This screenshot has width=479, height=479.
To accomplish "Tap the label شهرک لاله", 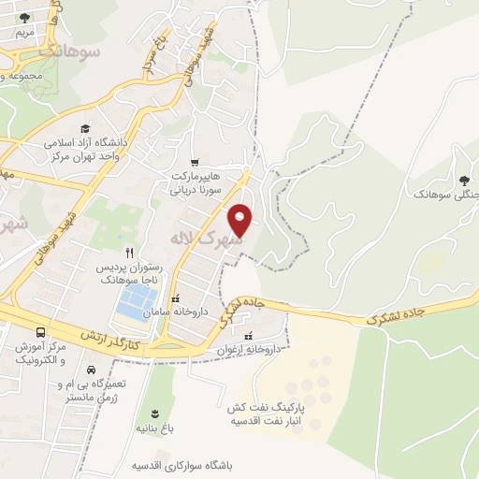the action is [x=205, y=239].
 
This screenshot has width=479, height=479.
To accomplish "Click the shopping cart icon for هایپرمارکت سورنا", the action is [x=195, y=161].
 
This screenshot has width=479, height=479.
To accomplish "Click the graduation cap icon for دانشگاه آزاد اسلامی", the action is [x=86, y=128].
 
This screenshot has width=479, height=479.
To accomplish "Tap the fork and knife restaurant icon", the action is [x=130, y=253].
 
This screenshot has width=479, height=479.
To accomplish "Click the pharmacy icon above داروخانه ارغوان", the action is [x=248, y=337].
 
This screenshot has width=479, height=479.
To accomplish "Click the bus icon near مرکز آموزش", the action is [x=40, y=332].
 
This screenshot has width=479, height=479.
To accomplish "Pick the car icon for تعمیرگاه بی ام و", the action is [x=91, y=370].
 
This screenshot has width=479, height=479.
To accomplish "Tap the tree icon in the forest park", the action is [x=465, y=179].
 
